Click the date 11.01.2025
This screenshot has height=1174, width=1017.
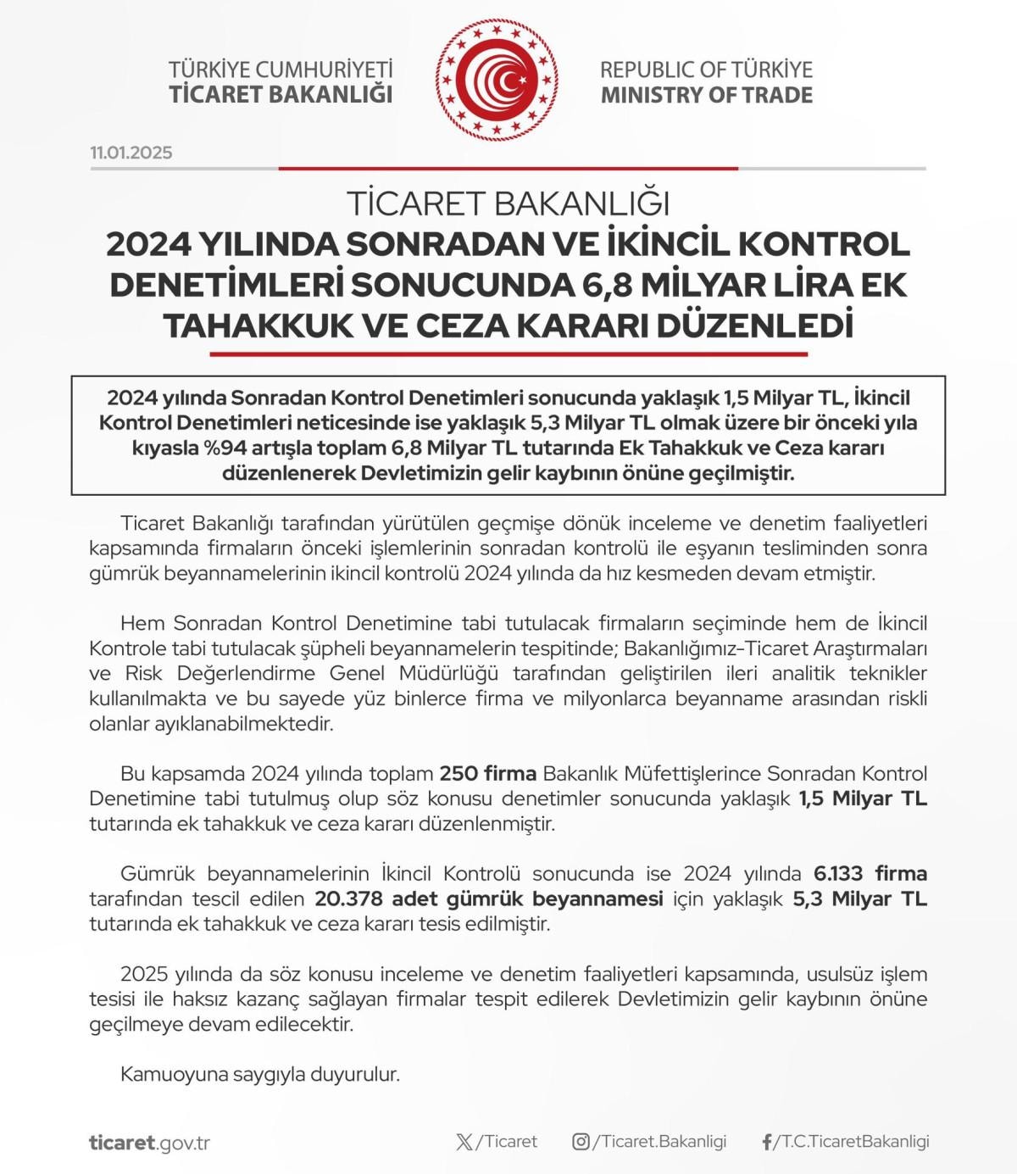tap(131, 153)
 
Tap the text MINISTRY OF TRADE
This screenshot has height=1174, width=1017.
tap(706, 95)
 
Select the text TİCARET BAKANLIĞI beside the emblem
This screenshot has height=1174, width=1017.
tap(281, 94)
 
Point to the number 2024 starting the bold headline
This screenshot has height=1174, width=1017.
tap(147, 244)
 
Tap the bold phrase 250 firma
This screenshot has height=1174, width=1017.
tap(487, 774)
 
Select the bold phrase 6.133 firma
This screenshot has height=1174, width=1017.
tap(870, 874)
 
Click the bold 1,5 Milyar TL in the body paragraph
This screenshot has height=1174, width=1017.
tap(863, 798)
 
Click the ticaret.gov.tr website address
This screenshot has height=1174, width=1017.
tap(149, 1143)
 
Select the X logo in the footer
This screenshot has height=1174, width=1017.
tap(464, 1142)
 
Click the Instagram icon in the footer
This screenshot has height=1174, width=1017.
tap(581, 1142)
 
